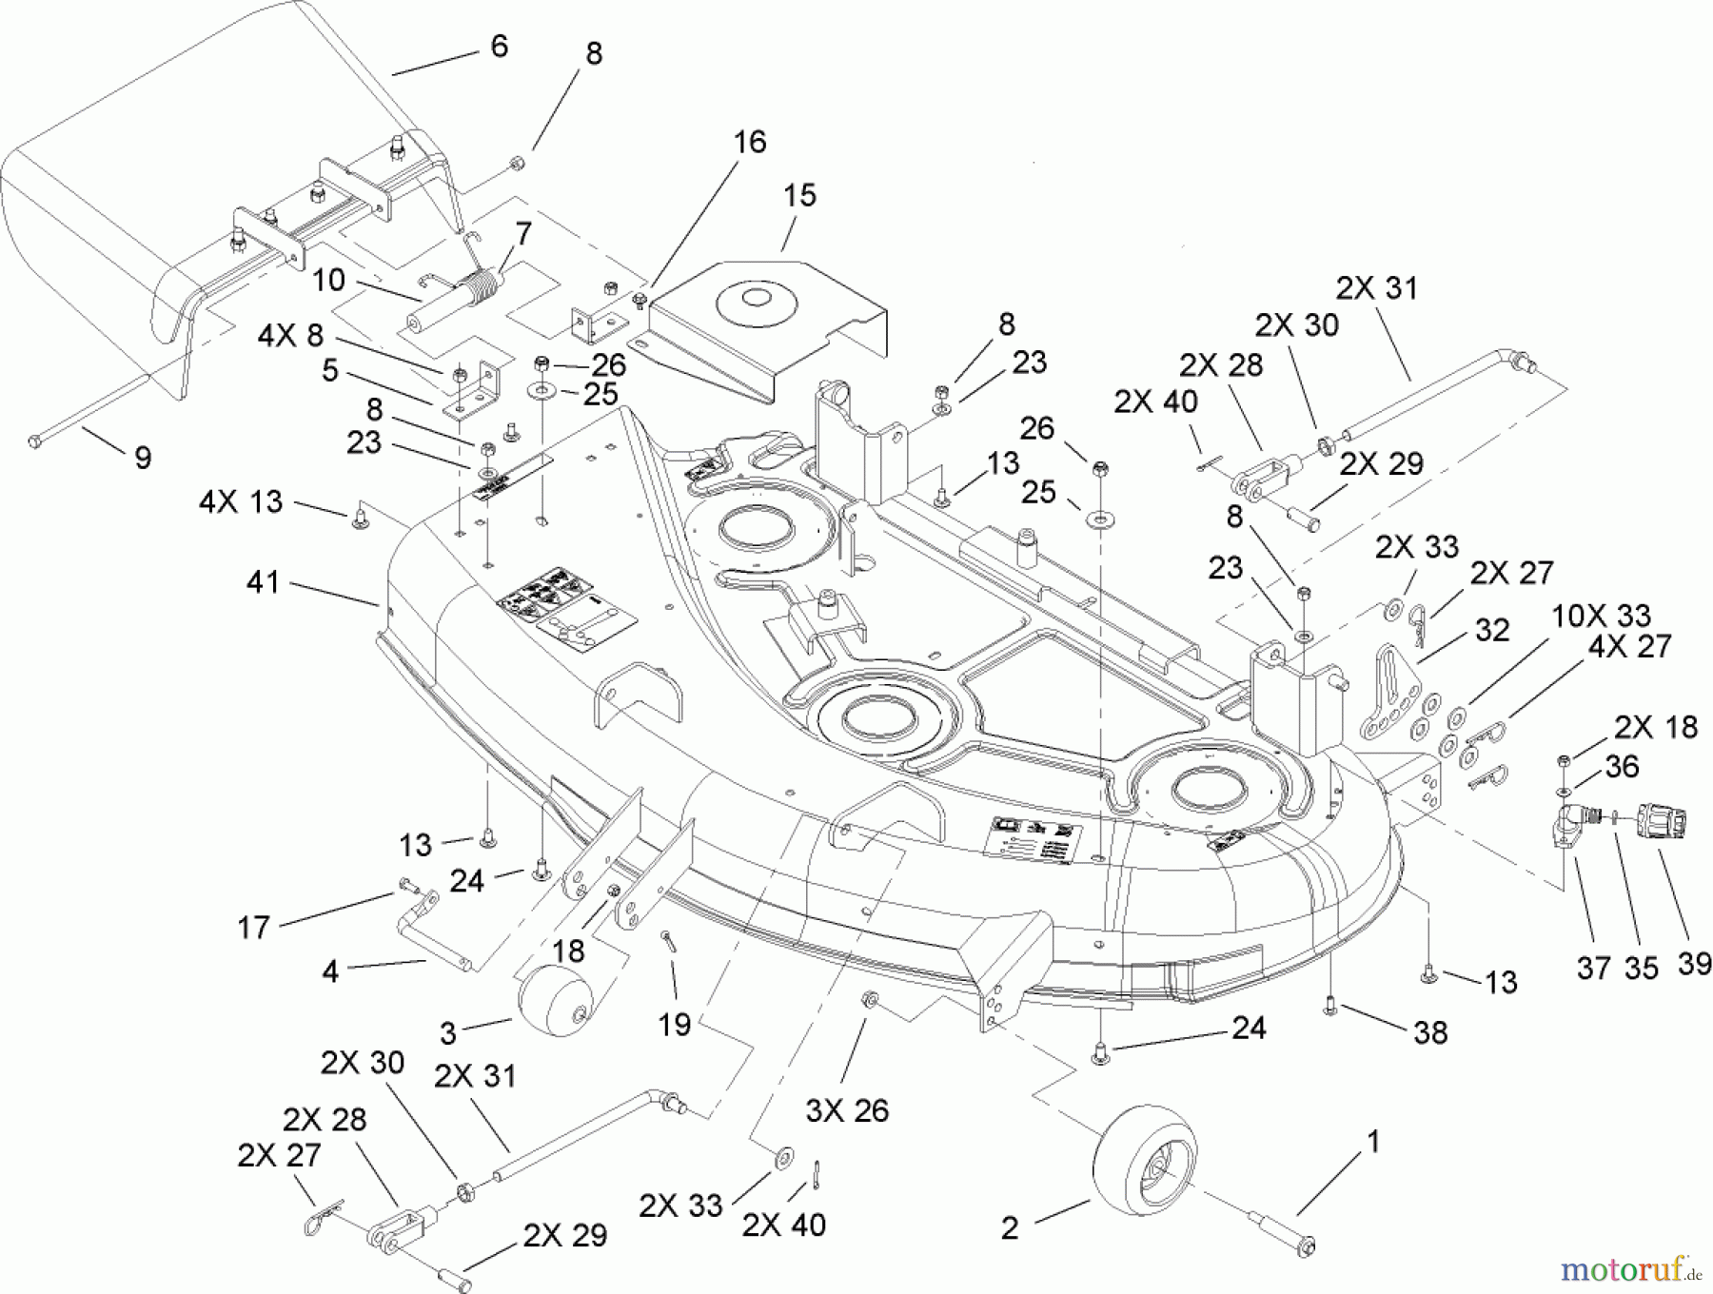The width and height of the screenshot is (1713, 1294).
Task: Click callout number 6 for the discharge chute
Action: pos(499,46)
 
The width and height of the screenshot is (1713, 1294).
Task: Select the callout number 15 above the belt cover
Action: pos(799,196)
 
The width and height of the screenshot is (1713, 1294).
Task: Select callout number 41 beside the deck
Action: pos(263,581)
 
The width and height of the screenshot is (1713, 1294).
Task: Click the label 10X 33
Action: pos(1601,615)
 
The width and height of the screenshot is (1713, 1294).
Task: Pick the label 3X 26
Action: pos(846,1110)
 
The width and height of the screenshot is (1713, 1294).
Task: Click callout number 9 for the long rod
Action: pos(142,458)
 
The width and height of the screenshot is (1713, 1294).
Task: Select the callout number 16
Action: pos(750,142)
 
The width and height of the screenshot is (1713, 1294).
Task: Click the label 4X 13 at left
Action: pos(241,501)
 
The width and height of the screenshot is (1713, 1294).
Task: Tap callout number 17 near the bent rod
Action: pos(253,927)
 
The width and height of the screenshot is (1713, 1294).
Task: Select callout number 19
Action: pos(675,1026)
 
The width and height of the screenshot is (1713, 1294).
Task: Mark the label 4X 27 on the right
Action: pos(1629,647)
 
